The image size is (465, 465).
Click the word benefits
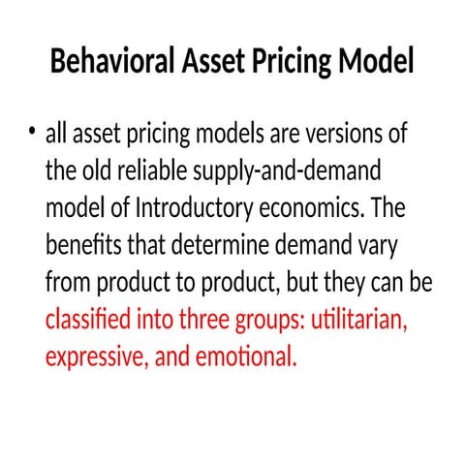click(84, 246)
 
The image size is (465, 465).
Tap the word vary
click(362, 246)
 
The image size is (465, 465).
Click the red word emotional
click(245, 356)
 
